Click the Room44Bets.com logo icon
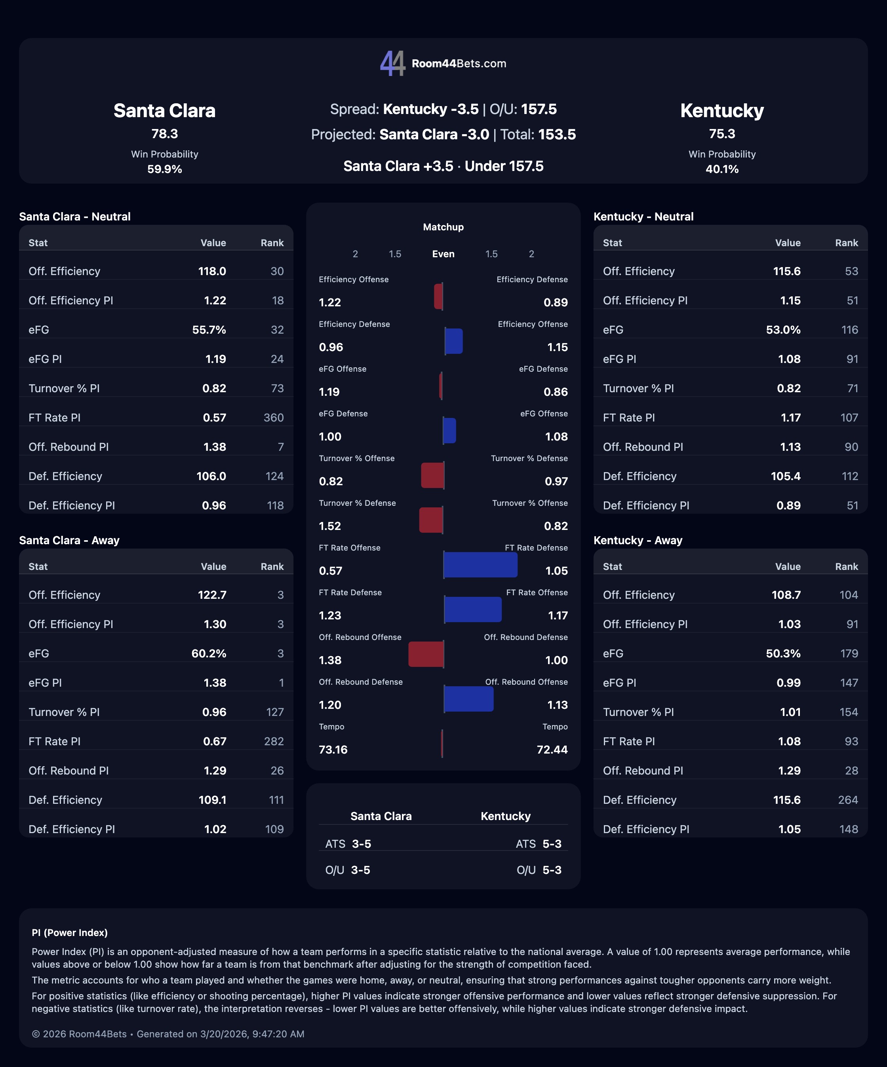pos(392,63)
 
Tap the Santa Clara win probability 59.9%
pos(164,169)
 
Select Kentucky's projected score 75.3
pos(722,134)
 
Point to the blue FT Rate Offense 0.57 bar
pos(480,564)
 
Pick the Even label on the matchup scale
pos(443,254)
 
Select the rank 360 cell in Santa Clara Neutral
pos(274,418)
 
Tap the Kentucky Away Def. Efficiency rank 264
pos(847,800)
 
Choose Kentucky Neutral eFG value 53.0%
pos(783,330)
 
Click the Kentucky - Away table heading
pos(638,540)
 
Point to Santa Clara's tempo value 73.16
pos(333,750)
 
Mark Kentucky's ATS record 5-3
pos(552,844)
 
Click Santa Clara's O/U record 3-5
pos(360,870)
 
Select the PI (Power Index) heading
pos(70,932)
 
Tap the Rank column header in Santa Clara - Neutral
pos(272,243)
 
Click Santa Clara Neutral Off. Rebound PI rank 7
pos(281,447)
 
